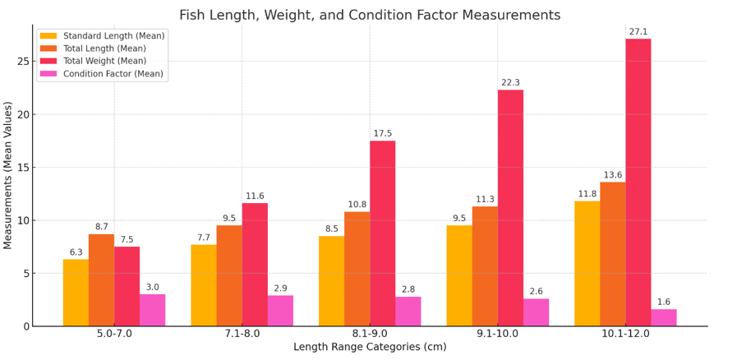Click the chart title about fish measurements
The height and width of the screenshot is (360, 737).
click(369, 15)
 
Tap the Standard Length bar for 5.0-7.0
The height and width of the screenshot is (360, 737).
click(76, 293)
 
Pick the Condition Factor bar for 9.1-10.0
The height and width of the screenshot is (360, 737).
click(536, 312)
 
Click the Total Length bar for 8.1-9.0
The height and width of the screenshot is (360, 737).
click(357, 269)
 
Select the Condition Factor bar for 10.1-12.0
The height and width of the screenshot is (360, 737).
click(663, 317)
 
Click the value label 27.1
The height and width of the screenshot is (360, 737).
click(638, 32)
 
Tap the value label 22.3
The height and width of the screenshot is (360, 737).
click(510, 83)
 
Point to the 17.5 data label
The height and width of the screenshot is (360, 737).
click(383, 134)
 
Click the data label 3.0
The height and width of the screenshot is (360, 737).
click(152, 288)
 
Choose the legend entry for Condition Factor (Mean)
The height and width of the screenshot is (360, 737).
click(113, 74)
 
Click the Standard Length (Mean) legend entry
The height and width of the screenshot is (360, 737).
click(113, 36)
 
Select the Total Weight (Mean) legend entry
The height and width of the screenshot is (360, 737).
click(104, 61)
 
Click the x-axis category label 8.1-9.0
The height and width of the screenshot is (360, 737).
click(370, 334)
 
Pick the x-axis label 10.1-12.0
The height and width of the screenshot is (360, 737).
click(625, 334)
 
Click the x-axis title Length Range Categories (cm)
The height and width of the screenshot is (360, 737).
click(370, 348)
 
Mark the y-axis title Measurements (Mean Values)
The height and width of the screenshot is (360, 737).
click(8, 175)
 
